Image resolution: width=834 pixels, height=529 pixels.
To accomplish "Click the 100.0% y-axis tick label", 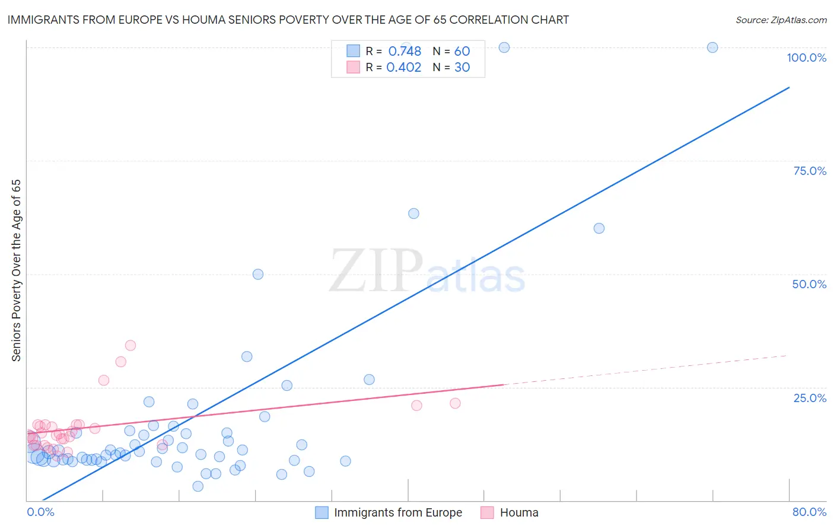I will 806,58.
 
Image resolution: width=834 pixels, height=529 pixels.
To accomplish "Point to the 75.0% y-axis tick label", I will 810,171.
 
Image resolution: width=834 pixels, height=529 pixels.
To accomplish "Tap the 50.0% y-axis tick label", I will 809,284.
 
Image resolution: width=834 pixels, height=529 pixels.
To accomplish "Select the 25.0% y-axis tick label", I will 810,398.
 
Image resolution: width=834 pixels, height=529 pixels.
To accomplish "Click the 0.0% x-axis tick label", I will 40,512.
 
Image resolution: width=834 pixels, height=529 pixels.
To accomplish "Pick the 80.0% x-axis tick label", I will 809,512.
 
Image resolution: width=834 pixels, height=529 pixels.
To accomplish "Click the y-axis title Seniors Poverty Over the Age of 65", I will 16,270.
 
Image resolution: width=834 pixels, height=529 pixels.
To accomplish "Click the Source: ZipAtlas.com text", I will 781,20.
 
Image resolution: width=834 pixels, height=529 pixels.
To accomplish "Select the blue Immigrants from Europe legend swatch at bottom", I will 321,512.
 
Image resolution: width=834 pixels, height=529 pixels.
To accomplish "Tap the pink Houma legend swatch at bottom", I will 487,512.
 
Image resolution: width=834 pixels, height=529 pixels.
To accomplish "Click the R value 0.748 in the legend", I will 405,52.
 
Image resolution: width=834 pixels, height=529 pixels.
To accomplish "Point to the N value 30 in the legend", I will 462,68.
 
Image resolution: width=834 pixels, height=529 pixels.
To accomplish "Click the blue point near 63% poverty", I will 413,213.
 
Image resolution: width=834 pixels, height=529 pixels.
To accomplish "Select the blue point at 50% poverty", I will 258,274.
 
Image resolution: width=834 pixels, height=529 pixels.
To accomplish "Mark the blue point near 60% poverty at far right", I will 599,228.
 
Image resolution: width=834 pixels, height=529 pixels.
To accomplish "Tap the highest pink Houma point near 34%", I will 130,345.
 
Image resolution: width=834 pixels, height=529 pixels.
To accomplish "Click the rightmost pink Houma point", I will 455,403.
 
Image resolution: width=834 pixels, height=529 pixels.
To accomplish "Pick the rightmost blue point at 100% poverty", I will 712,47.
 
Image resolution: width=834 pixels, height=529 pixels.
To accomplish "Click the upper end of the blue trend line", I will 789,87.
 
